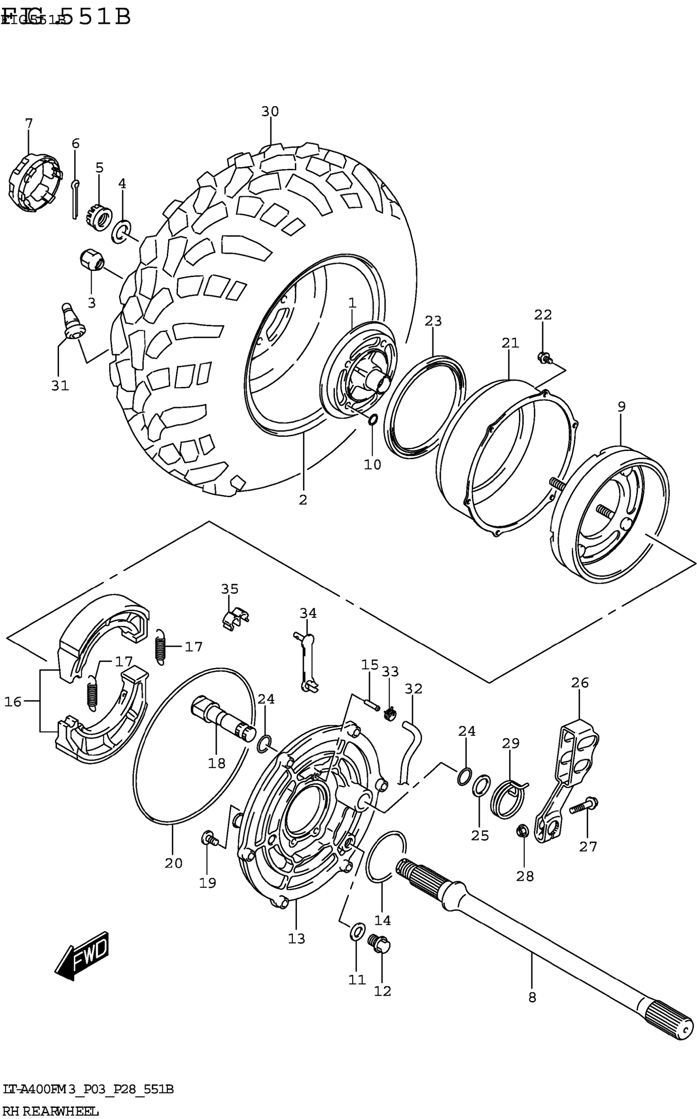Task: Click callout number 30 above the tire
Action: pos(270,111)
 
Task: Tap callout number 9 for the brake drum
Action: pos(622,407)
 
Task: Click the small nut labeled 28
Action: pos(523,831)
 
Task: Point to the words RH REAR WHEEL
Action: pos(51,1111)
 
